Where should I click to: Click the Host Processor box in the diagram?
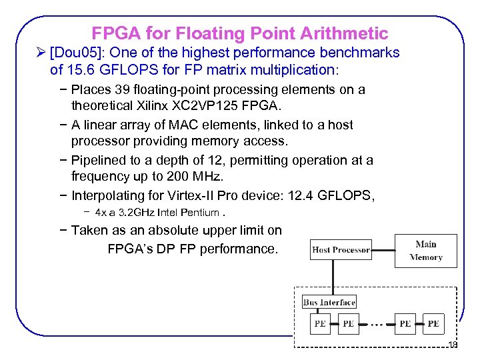(x=341, y=250)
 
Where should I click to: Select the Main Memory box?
(x=426, y=251)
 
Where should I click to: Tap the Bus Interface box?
(x=329, y=302)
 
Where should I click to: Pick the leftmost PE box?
(x=320, y=323)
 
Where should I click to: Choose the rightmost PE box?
(x=433, y=323)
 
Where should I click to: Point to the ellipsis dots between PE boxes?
(x=377, y=325)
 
